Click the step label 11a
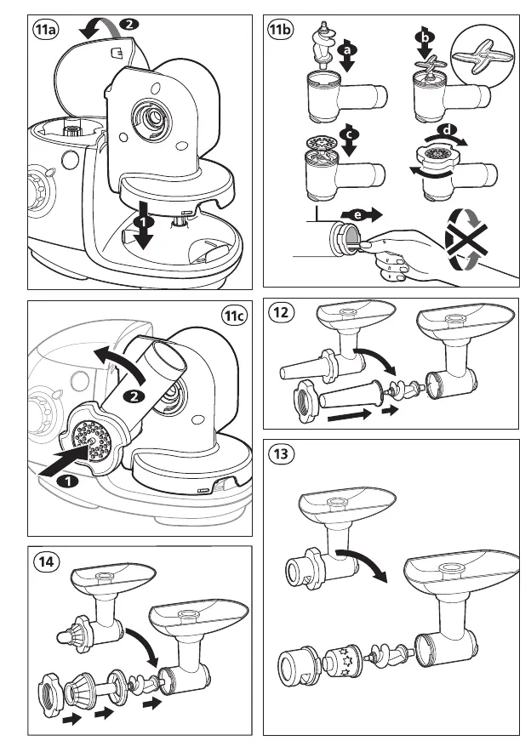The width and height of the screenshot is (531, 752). click(45, 31)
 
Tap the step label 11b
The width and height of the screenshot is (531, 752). click(280, 31)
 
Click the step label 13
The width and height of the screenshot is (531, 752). click(282, 454)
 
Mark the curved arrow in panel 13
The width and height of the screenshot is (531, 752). click(362, 562)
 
